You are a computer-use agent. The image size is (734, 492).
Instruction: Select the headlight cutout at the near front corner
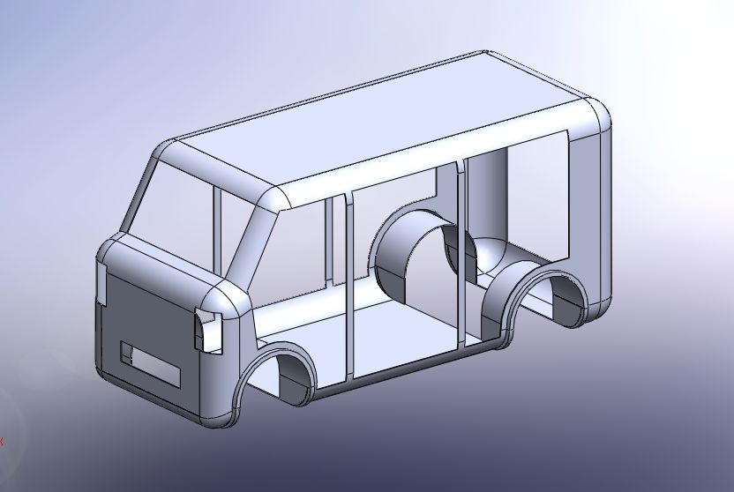click(x=206, y=329)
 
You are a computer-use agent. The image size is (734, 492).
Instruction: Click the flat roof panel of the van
click(x=388, y=123)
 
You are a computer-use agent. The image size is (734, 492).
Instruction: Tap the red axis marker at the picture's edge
click(x=2, y=441)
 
